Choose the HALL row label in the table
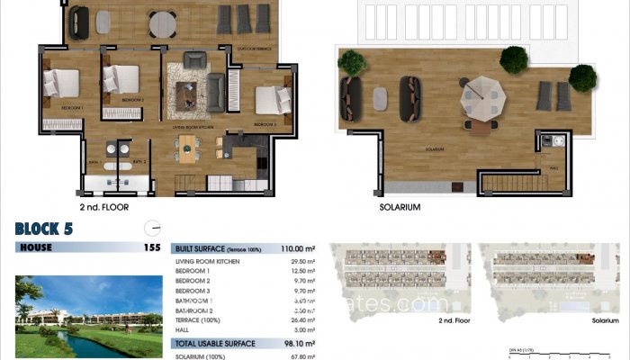point(184,330)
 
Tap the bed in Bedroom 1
point(64,85)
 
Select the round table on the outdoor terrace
point(163,21)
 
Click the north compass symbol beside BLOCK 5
point(152,227)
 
